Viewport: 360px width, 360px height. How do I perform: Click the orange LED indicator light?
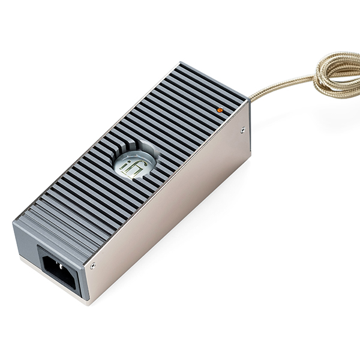click(x=220, y=110)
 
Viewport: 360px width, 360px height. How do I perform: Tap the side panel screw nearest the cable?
click(x=242, y=129)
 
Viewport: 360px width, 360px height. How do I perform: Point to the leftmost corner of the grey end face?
click(x=13, y=226)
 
